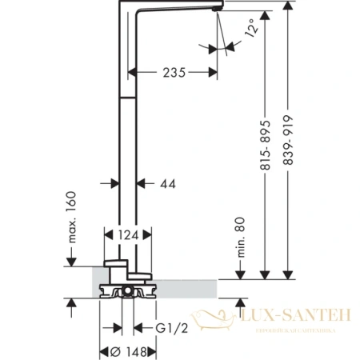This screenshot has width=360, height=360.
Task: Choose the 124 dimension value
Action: point(122,234)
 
